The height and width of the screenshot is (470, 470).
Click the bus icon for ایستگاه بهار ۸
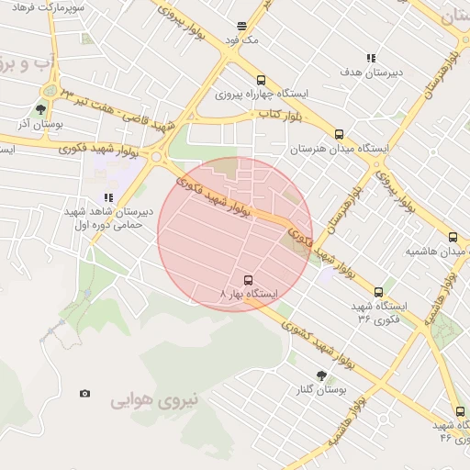[x=247, y=278]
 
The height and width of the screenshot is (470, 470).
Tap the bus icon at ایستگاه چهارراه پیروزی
[x=262, y=80]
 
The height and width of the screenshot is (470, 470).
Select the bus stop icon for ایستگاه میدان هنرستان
[x=340, y=134]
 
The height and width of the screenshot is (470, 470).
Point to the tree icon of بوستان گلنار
[x=320, y=375]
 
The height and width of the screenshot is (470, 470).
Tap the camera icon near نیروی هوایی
[x=85, y=393]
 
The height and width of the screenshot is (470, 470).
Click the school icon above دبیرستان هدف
[x=371, y=57]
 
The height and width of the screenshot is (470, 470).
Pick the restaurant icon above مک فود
[x=241, y=27]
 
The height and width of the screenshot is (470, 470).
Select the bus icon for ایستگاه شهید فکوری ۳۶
[x=378, y=292]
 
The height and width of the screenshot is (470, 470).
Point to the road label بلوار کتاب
[x=280, y=113]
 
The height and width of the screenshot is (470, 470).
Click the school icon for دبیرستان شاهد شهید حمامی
[x=109, y=196]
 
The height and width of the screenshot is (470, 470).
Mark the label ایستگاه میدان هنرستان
[x=340, y=149]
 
